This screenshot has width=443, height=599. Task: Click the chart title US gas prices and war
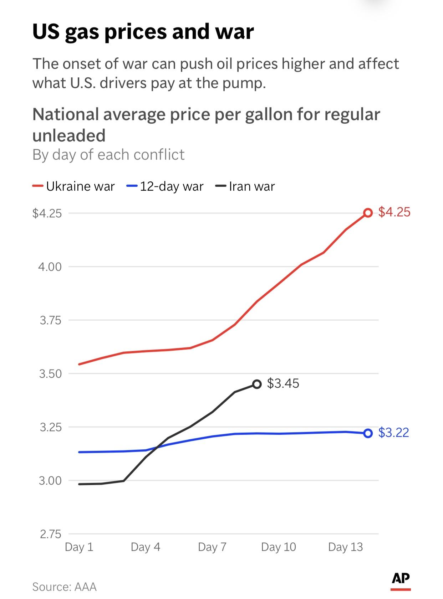click(143, 31)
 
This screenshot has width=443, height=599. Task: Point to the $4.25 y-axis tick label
click(47, 213)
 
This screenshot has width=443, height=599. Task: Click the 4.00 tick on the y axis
click(50, 267)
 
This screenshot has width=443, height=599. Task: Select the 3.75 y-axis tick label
click(50, 320)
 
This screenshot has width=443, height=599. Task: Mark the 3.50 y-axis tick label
click(50, 374)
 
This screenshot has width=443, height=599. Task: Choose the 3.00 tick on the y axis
click(50, 481)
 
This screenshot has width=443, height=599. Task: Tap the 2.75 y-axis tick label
click(50, 534)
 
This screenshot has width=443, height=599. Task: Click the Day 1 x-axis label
click(79, 547)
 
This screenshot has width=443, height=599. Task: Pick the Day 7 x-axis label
click(212, 547)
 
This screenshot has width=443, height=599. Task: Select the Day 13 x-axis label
click(345, 547)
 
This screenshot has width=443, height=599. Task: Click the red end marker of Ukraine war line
click(368, 213)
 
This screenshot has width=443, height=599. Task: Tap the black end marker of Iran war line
click(257, 384)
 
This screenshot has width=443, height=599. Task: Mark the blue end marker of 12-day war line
click(368, 433)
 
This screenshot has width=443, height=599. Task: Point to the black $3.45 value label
click(283, 383)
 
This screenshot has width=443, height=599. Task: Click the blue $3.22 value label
click(393, 433)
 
